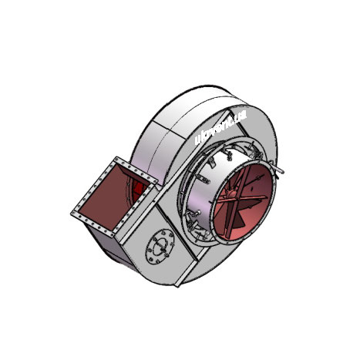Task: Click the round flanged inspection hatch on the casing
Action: pos(160,247)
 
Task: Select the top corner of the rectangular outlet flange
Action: pos(117,159)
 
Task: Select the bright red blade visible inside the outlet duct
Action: pos(139,190)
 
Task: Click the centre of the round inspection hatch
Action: pos(160,247)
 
